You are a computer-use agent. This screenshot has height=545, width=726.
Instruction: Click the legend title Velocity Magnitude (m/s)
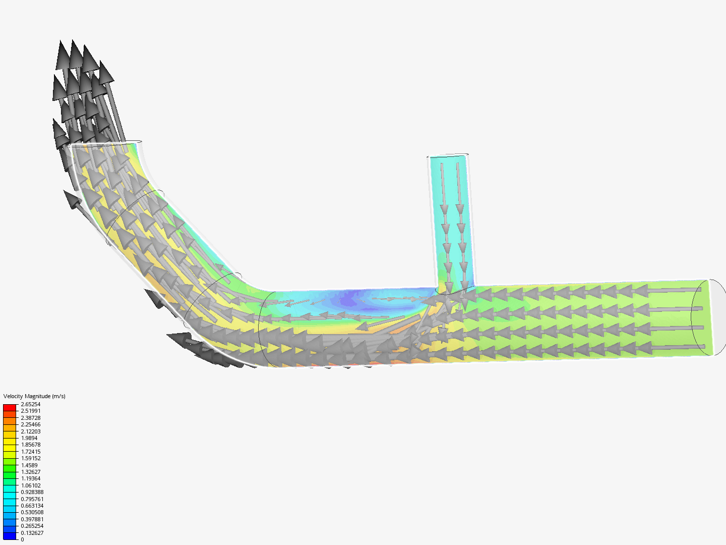click(x=34, y=396)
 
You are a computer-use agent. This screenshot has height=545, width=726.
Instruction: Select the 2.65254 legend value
click(x=30, y=404)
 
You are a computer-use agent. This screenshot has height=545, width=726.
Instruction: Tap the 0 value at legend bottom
click(x=22, y=539)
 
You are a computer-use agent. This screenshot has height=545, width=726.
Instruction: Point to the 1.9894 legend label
click(x=29, y=438)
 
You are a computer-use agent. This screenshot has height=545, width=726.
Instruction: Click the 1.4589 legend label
click(x=29, y=465)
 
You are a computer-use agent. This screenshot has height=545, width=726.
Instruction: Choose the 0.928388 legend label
click(x=32, y=492)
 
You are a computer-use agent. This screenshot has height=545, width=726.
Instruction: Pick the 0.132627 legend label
click(x=32, y=533)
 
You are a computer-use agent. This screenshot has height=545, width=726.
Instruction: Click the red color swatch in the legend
click(x=10, y=407)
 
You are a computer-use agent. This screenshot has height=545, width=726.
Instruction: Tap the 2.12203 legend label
click(x=30, y=431)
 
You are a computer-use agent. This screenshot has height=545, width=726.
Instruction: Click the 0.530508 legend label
click(x=32, y=512)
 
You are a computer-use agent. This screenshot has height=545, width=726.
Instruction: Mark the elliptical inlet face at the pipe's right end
click(x=708, y=317)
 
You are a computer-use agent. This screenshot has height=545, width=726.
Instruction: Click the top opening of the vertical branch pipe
click(x=448, y=155)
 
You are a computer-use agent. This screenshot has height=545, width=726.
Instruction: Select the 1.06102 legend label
click(x=30, y=485)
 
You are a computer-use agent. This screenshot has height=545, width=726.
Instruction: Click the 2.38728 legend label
click(x=30, y=418)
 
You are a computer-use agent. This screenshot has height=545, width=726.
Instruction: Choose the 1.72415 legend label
click(x=30, y=452)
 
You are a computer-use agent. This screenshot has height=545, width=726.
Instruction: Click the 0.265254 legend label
click(x=32, y=526)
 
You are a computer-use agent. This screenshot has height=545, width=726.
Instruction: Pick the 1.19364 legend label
click(x=30, y=478)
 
